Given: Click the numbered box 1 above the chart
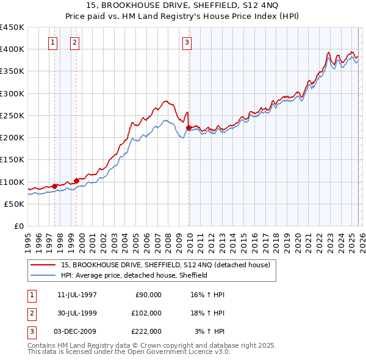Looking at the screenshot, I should pos(52,42).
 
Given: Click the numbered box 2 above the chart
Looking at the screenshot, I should pos(74,42).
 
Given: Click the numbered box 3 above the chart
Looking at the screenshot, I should pos(186,42).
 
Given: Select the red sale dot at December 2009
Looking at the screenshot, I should pos(188,128).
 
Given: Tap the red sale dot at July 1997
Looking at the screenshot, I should pos(54,186).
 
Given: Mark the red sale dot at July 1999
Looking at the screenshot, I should pos(77,181).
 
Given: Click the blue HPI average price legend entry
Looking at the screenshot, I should pos(134,275).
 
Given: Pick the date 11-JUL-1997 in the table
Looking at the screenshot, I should pos(77,295).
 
